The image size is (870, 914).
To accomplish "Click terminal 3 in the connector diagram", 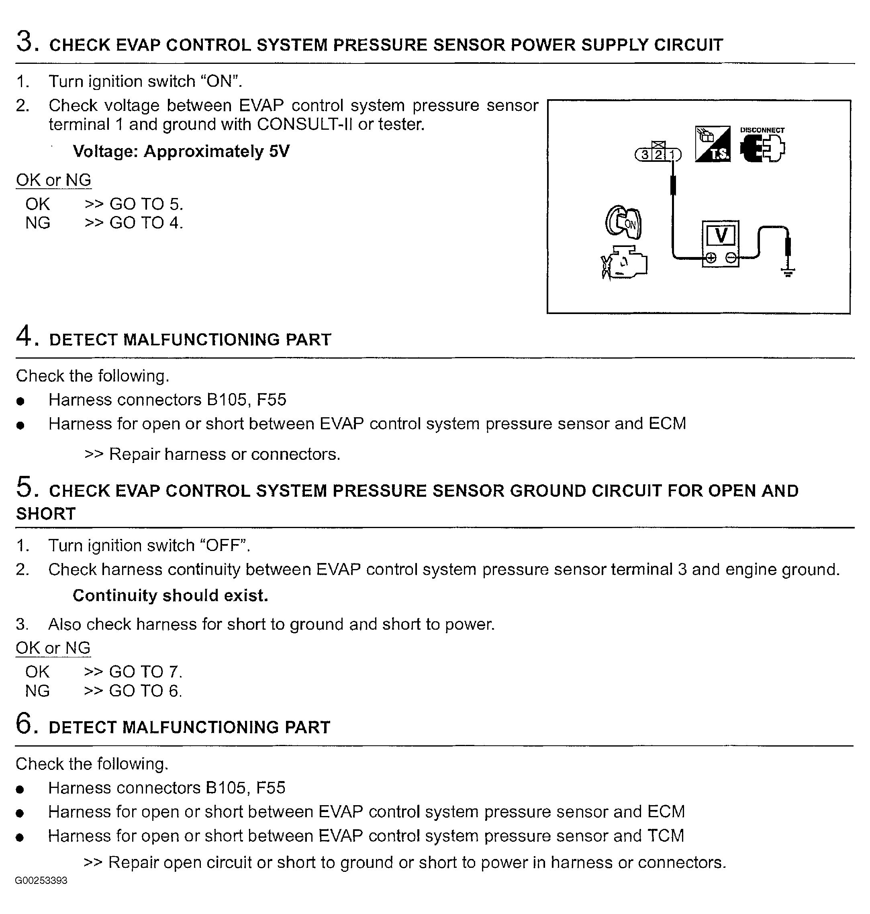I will click(644, 155).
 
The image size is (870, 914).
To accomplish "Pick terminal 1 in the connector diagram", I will click(672, 155).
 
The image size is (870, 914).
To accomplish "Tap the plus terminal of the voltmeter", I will click(711, 257).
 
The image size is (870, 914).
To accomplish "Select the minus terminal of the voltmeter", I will click(731, 257).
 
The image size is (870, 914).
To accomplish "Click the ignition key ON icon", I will click(624, 222).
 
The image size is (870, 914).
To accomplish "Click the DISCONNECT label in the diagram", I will click(762, 130).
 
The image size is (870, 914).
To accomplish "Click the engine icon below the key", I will click(624, 263).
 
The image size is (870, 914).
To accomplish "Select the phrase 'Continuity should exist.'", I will click(170, 596).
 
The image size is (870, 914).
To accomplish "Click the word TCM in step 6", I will click(665, 836).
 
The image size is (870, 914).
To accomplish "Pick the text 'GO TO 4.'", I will click(146, 222).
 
